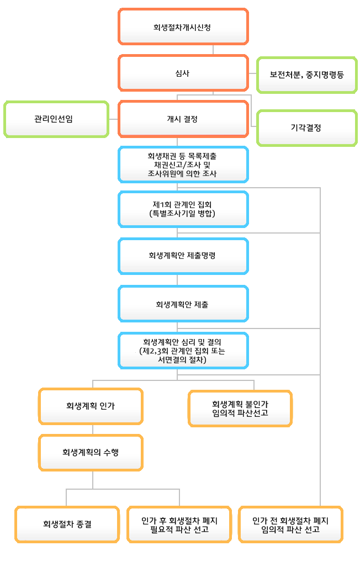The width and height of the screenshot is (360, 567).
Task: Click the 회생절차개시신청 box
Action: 183,27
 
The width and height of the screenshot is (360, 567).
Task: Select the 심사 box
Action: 183,73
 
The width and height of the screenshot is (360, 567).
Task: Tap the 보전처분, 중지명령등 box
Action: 307,75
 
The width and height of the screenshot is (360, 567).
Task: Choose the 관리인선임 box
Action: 56,119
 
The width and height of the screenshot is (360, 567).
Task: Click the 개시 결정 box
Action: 183,119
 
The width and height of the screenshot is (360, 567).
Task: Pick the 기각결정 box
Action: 307,128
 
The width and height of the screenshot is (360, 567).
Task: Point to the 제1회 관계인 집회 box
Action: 183,209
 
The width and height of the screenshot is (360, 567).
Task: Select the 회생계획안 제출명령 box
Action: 183,256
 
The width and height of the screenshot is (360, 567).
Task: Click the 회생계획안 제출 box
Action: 183,304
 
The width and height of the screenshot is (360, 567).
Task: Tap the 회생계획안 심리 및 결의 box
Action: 183,351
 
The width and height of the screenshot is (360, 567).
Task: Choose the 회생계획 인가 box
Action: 91,406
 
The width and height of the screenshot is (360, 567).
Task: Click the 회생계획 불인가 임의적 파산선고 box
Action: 240,409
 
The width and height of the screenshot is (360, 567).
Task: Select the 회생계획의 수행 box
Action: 91,453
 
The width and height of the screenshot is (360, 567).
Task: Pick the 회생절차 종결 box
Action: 67,524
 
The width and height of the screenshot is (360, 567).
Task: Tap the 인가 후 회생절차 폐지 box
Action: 179,524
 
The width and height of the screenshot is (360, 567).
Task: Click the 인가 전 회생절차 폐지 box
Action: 290,524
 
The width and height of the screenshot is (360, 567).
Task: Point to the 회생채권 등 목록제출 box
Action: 183,165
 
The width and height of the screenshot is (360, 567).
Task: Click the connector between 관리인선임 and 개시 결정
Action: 114,119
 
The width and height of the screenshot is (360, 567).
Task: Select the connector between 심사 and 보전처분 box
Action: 252,73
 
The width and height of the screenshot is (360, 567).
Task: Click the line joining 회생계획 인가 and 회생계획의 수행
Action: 93,430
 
